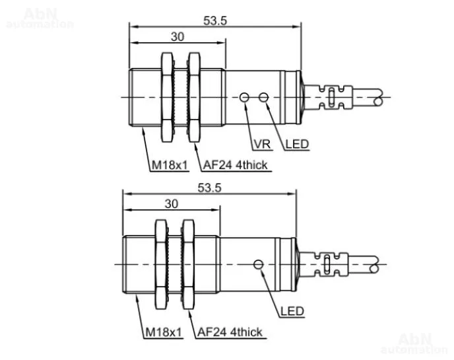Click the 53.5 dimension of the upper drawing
point(215,21)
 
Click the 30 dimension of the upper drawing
point(178,37)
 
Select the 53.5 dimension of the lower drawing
point(209,188)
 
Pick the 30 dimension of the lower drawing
point(172,204)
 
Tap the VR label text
point(263,144)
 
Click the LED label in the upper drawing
point(297,144)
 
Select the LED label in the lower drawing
point(292,311)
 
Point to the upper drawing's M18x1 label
point(170,165)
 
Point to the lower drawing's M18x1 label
point(164,332)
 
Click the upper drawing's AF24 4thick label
point(235,165)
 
